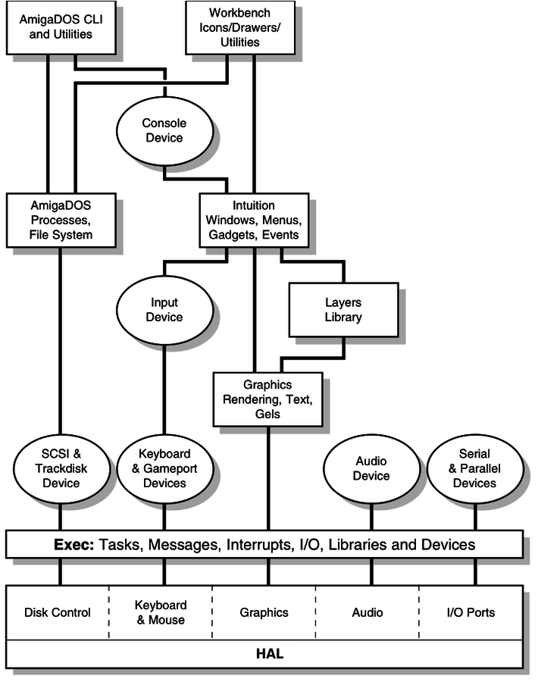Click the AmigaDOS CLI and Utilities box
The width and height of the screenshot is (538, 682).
coord(61,27)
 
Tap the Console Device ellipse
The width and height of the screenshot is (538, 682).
coord(164,130)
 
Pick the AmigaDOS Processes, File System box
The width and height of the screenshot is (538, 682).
coord(61,220)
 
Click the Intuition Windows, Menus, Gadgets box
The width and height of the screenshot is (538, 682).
coord(253,220)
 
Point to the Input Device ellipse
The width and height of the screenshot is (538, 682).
coord(164,309)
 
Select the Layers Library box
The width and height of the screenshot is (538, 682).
coord(343,309)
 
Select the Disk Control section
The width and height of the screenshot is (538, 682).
coord(58,612)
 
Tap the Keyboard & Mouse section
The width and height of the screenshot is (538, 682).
coord(161,612)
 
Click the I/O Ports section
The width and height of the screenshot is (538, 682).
coord(471,612)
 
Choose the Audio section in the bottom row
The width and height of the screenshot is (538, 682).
coord(368,612)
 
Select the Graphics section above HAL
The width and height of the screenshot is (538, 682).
coord(264,612)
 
